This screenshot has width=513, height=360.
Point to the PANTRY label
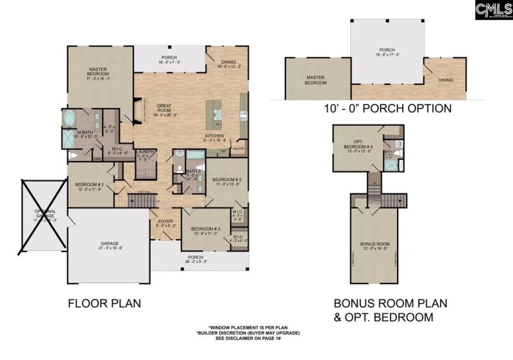(x=240, y=148)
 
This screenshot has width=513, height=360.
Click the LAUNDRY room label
(x=146, y=152)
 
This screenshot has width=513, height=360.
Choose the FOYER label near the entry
(x=165, y=222)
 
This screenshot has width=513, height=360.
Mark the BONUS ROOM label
(x=375, y=244)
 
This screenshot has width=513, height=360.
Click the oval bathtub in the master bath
(x=69, y=118)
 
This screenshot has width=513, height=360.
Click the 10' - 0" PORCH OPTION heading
(x=387, y=108)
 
